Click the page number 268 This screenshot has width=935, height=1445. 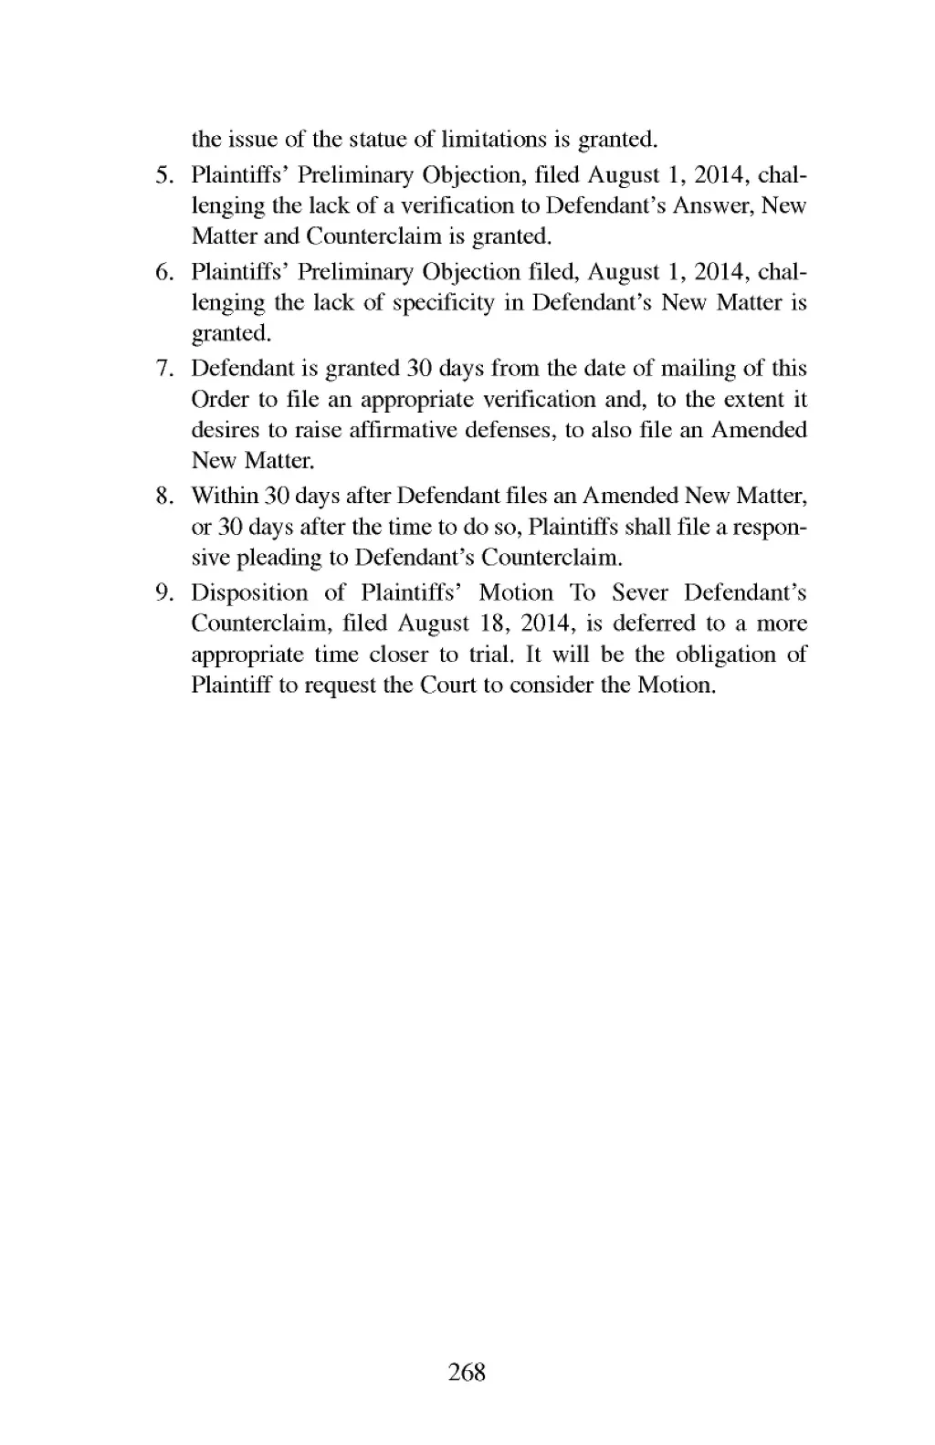467,1371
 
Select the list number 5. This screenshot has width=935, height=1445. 164,174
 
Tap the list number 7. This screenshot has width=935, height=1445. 164,369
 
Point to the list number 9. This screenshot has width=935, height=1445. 164,593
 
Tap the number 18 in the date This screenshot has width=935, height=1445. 480,623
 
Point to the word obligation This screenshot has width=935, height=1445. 725,654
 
